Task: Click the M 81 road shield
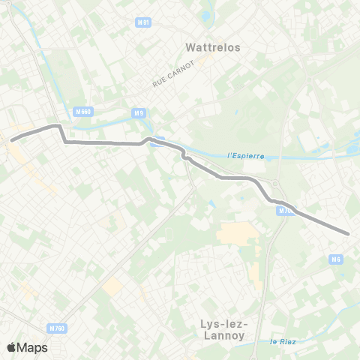click(x=145, y=22)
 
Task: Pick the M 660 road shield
click(x=83, y=111)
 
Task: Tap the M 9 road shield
click(x=137, y=113)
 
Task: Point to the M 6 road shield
click(x=337, y=259)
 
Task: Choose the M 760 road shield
click(x=56, y=328)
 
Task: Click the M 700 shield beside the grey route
click(x=284, y=211)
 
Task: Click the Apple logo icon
click(x=12, y=347)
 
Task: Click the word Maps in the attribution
click(x=33, y=347)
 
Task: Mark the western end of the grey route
click(x=11, y=139)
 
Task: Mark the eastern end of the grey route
click(x=349, y=233)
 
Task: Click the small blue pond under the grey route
click(x=154, y=144)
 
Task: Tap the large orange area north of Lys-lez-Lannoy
click(x=238, y=233)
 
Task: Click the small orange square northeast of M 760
click(x=112, y=285)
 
